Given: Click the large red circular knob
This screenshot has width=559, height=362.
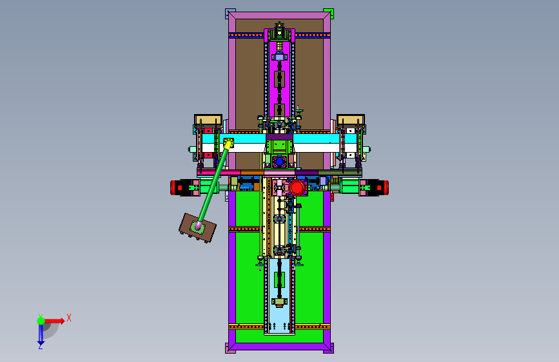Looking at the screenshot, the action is click(x=297, y=187).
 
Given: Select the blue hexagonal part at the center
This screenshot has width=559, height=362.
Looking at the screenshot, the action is click(x=279, y=162).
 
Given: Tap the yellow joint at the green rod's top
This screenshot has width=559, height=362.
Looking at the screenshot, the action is click(x=228, y=143).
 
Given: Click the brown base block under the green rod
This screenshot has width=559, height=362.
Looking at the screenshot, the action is click(x=197, y=228).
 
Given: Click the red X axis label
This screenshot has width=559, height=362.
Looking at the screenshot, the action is click(x=69, y=318).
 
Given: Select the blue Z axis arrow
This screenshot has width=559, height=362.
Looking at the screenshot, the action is click(x=41, y=334).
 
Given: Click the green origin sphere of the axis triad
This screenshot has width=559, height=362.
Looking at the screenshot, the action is click(x=41, y=321).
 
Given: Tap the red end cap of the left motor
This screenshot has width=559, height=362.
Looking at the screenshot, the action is click(x=173, y=187).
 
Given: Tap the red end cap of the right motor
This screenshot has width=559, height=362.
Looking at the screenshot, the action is click(x=386, y=187).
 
